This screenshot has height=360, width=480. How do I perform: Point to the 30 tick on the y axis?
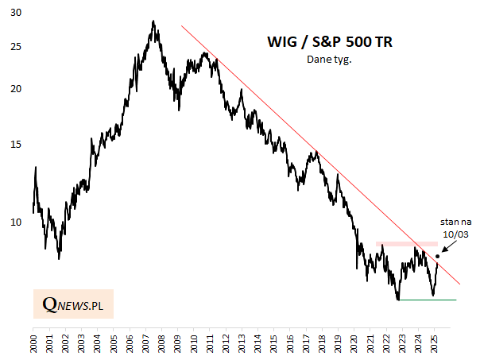17,14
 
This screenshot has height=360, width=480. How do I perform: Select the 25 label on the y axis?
17,48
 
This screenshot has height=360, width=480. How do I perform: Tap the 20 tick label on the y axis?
17,89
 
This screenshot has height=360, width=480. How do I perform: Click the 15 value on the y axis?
17,144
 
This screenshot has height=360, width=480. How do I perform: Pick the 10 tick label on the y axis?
17,222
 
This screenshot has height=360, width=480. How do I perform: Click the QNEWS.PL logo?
74,304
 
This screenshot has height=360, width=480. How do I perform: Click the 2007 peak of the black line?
153,21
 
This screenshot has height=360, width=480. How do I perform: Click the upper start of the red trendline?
181,26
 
